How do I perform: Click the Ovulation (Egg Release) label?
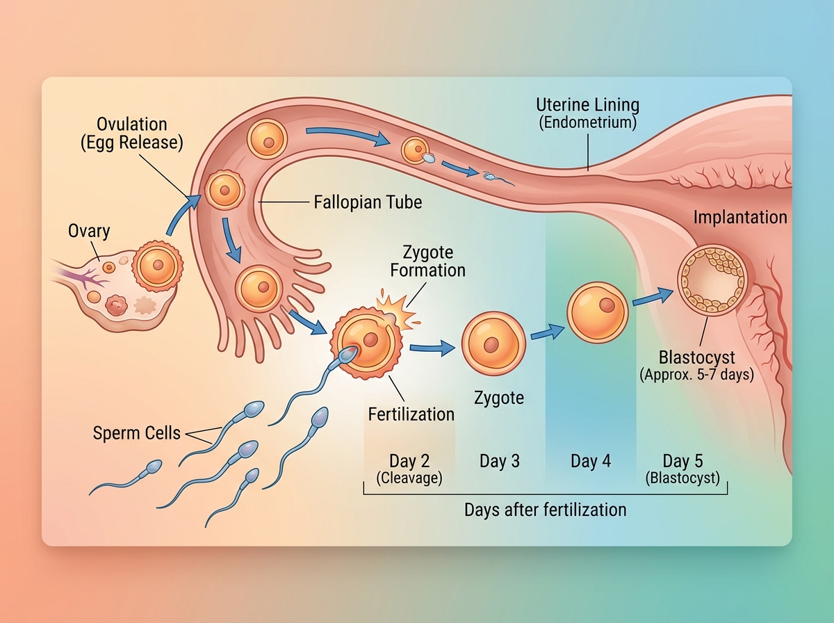pyautogui.click(x=132, y=134)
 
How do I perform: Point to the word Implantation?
pyautogui.click(x=740, y=218)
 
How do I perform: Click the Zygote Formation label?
pyautogui.click(x=427, y=261)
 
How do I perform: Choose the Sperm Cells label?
pyautogui.click(x=136, y=433)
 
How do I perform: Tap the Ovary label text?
pyautogui.click(x=89, y=231)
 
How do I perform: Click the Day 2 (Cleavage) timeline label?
pyautogui.click(x=409, y=469)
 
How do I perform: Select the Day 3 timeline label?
pyautogui.click(x=499, y=462)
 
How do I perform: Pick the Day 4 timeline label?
pyautogui.click(x=591, y=462)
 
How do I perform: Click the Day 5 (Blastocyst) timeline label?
pyautogui.click(x=682, y=469)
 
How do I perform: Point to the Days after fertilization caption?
pyautogui.click(x=545, y=510)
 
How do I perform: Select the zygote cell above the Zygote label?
pyautogui.click(x=491, y=342)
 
